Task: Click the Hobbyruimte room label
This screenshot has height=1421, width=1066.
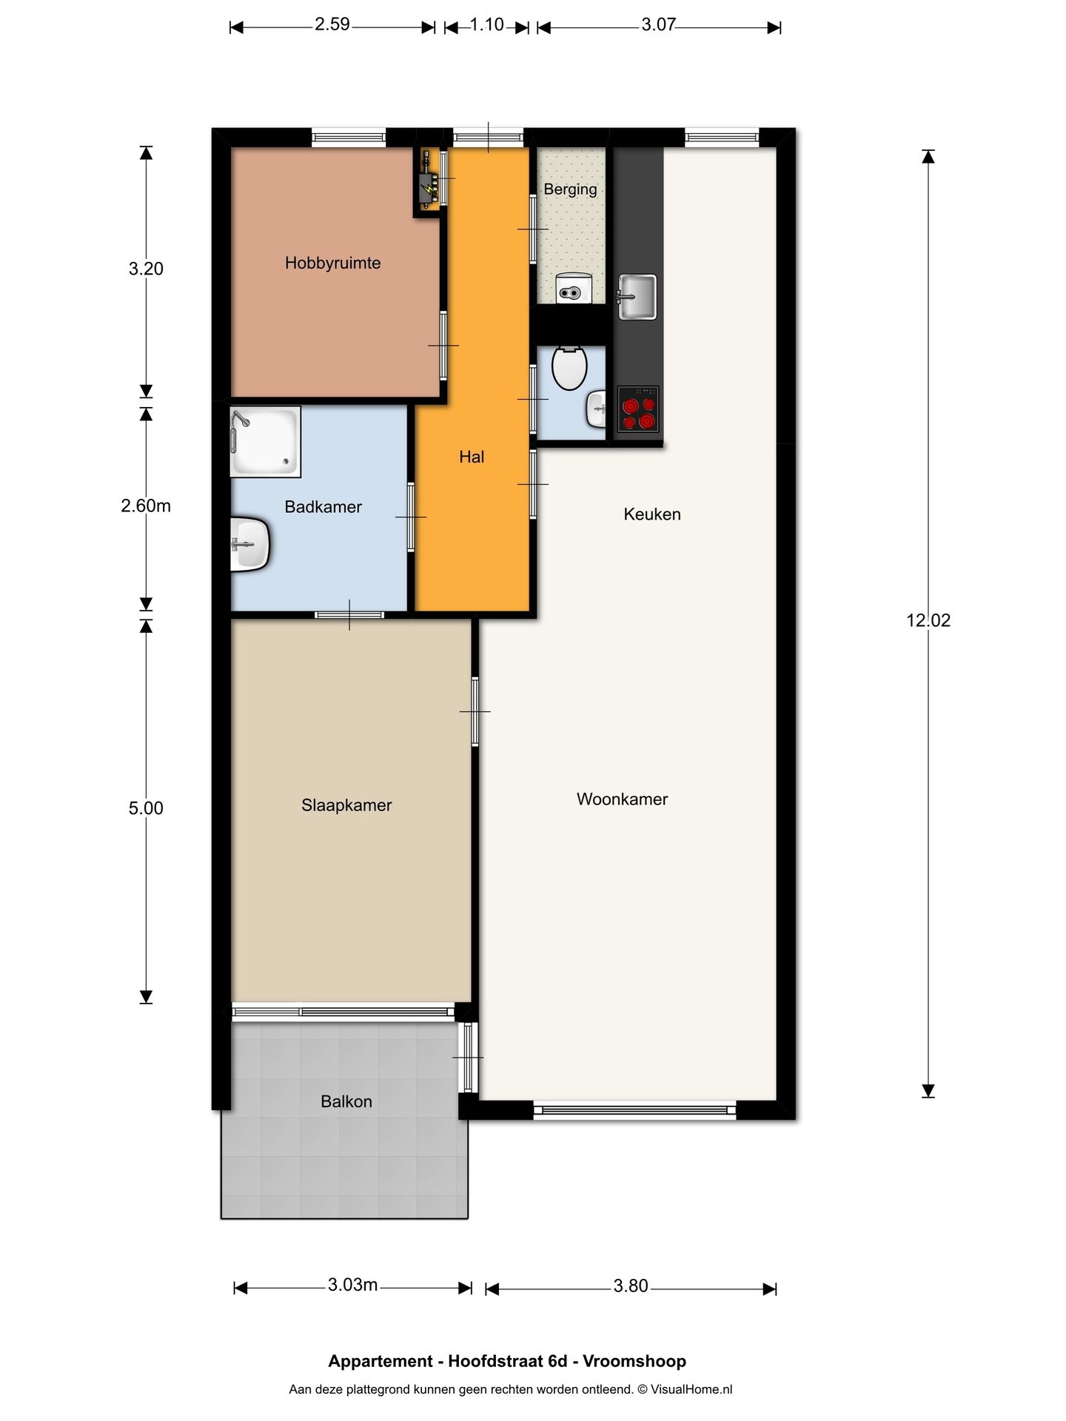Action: point(332,263)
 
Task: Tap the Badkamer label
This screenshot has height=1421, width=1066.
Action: point(323,507)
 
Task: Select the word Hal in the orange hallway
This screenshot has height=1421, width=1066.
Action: point(472,457)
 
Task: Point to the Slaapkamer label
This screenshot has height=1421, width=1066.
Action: point(346,805)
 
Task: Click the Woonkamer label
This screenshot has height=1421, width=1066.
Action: point(622,799)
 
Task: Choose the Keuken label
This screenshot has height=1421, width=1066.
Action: point(652,514)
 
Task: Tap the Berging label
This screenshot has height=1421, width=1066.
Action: point(570,189)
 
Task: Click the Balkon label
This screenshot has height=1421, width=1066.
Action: point(346,1101)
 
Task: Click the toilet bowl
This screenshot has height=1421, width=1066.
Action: point(569,367)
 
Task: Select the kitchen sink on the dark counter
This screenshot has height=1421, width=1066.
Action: point(637,297)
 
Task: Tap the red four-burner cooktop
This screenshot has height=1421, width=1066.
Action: point(638,409)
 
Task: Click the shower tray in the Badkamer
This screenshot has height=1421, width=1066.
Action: point(266,441)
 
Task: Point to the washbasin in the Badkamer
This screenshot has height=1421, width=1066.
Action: point(249,545)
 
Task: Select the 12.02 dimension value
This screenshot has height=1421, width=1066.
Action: point(928,620)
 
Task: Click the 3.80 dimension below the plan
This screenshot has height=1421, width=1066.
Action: point(631,1286)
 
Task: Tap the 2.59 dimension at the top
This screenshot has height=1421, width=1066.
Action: point(332,24)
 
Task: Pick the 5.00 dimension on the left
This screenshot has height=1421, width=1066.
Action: point(146,808)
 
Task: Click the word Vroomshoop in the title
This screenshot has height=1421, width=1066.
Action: point(634,1361)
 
